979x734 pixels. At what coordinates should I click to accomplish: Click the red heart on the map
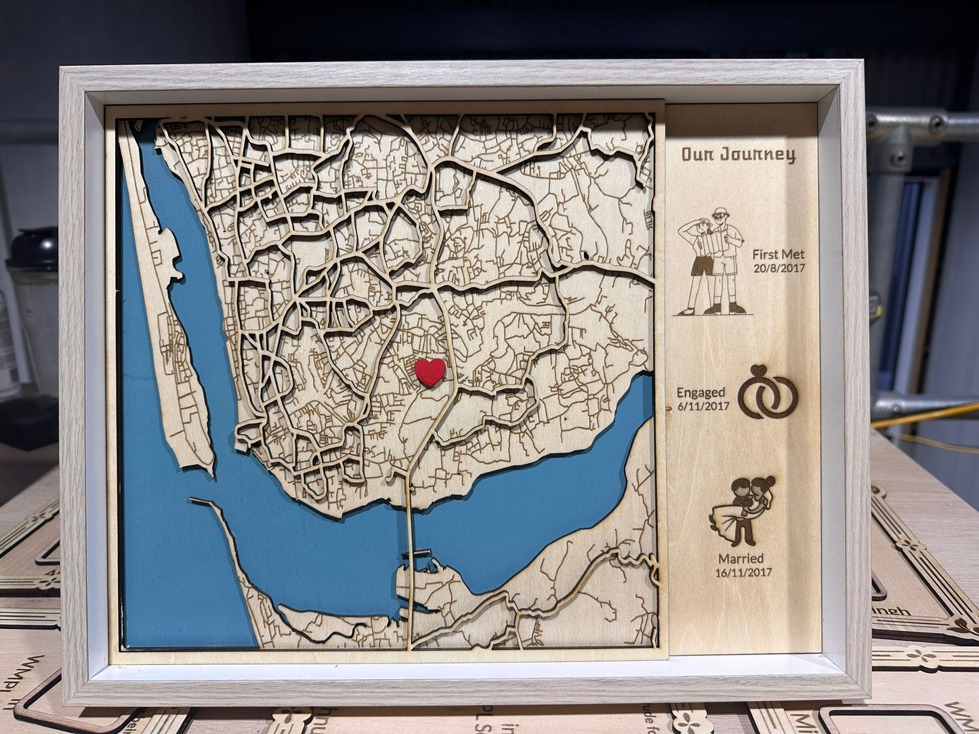click(430, 371)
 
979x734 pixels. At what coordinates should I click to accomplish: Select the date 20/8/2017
click(779, 268)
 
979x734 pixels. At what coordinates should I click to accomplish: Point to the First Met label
click(778, 255)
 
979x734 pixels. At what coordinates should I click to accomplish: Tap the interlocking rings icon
click(768, 395)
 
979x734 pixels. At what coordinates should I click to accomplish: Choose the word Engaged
click(701, 393)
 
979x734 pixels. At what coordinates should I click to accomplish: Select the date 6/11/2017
click(703, 406)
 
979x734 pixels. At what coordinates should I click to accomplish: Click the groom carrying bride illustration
click(742, 511)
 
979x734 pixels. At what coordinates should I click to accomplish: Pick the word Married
click(741, 559)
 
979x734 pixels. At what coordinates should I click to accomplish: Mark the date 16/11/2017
click(743, 572)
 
